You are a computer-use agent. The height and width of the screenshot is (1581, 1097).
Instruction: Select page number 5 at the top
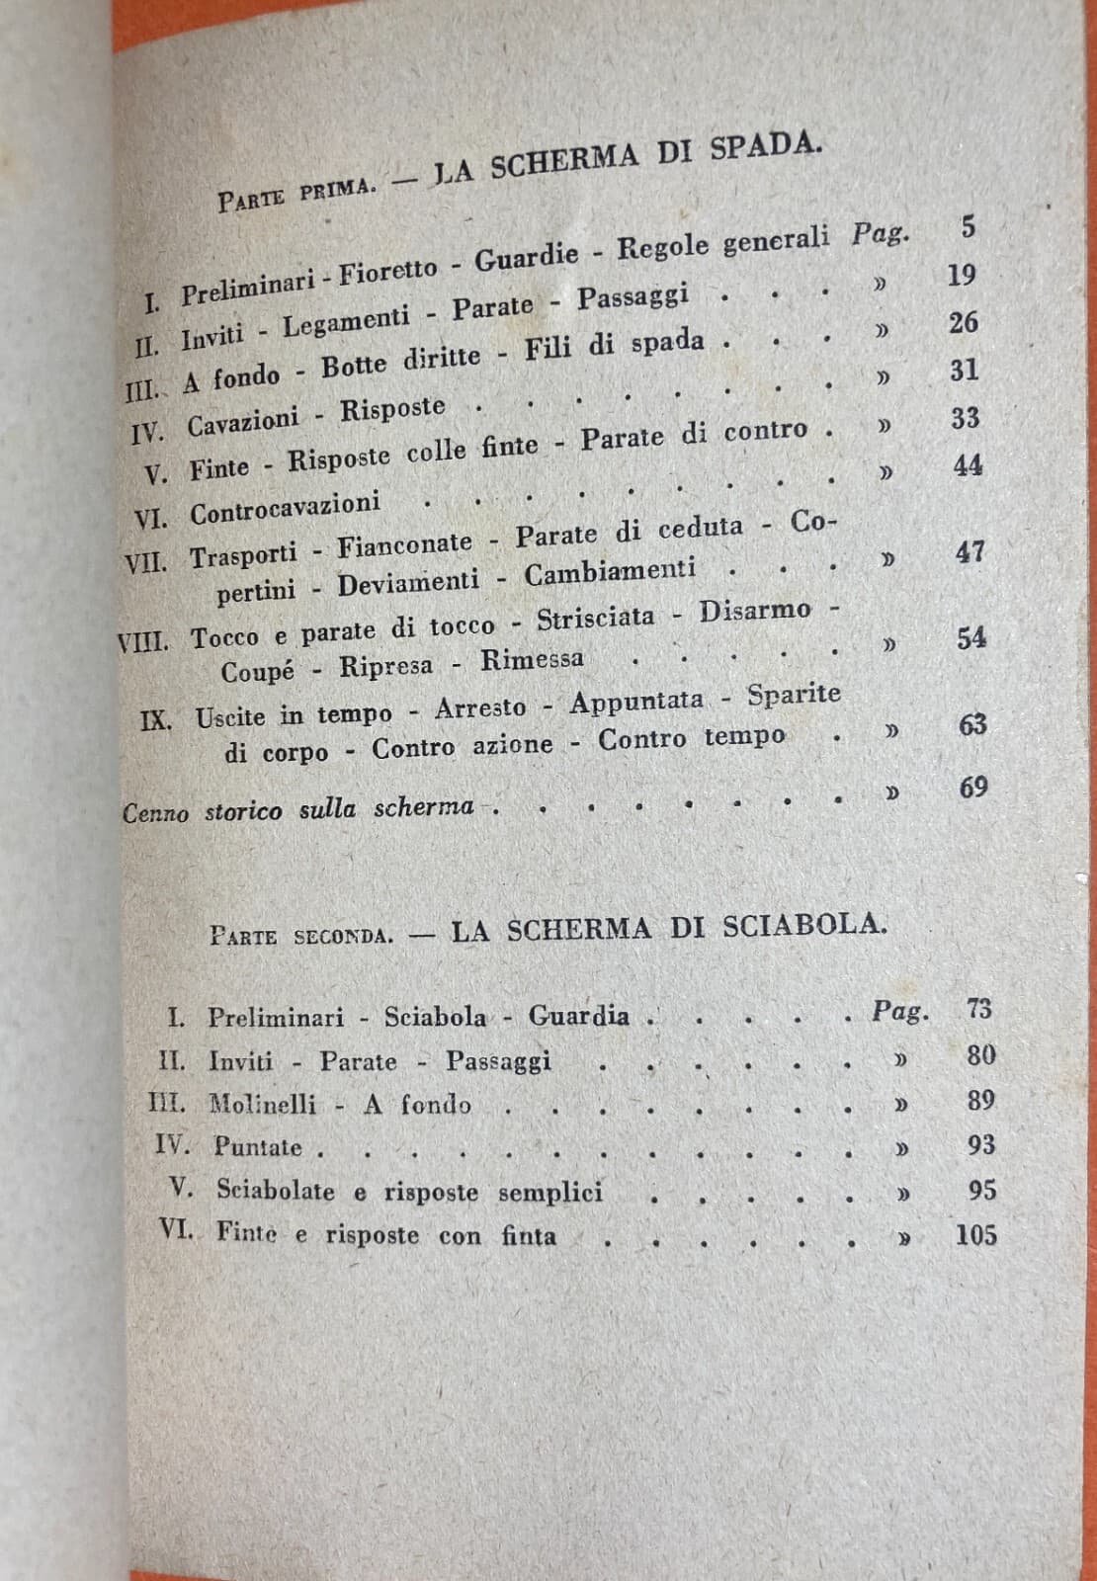tap(968, 226)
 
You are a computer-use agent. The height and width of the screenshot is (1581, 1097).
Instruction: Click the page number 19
tap(962, 275)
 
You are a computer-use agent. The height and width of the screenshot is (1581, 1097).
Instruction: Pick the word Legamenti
tap(346, 321)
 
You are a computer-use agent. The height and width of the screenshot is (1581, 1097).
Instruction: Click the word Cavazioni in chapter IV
tap(243, 421)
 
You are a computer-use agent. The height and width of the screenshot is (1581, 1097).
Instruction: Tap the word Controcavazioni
tap(285, 509)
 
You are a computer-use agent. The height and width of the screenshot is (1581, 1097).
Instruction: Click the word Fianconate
tap(404, 543)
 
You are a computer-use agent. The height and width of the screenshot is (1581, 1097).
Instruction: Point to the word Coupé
tap(257, 671)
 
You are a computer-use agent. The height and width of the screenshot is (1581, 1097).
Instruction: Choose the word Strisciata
tap(595, 619)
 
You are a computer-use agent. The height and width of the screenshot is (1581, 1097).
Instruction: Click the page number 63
tap(972, 724)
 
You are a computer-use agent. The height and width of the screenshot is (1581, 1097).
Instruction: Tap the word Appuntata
tap(637, 702)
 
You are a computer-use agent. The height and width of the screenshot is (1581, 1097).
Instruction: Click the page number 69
tap(973, 788)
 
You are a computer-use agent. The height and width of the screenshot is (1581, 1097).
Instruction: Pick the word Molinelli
tap(263, 1105)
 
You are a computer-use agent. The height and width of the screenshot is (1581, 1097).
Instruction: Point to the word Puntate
tap(257, 1147)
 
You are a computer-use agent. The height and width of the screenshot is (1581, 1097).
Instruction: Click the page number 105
tap(975, 1235)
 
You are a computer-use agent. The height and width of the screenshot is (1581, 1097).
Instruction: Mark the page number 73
tap(979, 1009)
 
